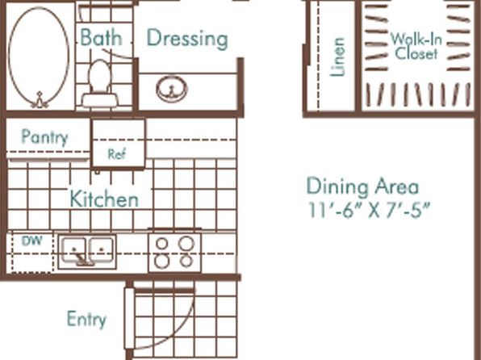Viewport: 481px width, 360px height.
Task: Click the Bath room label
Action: [x=101, y=37]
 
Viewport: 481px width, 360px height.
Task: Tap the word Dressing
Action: [x=187, y=39]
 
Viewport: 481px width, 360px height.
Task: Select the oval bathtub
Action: [x=39, y=57]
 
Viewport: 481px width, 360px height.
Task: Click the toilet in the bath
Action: [x=100, y=83]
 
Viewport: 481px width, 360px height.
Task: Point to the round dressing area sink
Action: [x=172, y=89]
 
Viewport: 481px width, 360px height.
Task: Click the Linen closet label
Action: [x=337, y=57]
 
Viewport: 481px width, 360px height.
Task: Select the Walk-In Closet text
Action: [x=416, y=46]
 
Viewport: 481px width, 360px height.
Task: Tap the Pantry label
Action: [x=44, y=137]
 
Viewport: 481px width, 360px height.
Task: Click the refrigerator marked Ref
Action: [x=119, y=144]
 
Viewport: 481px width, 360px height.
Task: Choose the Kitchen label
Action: [x=104, y=199]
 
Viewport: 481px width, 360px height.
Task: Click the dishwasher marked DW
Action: [x=32, y=252]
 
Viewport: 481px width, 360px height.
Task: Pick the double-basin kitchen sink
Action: [x=87, y=253]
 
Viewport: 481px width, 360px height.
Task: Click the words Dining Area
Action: [x=362, y=186]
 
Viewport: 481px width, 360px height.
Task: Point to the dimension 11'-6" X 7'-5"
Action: [x=368, y=210]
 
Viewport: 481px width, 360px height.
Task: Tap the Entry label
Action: [x=87, y=319]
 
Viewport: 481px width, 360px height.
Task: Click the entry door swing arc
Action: [x=183, y=332]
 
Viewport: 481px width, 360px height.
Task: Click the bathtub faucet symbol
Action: [x=40, y=100]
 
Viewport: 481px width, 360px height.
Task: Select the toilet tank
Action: [x=100, y=100]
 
